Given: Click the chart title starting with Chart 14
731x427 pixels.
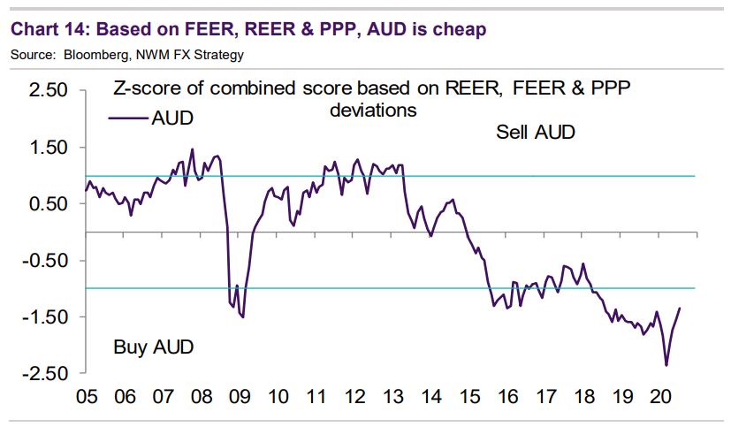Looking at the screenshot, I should [x=247, y=29].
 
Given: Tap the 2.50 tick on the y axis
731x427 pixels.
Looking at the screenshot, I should [x=49, y=91].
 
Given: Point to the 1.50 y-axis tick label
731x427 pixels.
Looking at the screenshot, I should [x=49, y=148].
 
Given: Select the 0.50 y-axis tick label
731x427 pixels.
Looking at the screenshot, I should [x=49, y=204].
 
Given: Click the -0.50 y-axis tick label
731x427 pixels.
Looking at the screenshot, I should [x=45, y=261].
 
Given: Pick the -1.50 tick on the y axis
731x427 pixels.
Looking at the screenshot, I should [x=45, y=317].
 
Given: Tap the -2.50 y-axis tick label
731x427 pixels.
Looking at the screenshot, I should [x=45, y=374].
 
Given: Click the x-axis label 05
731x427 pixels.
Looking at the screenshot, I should [x=87, y=396].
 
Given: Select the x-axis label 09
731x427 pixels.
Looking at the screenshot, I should [x=238, y=396].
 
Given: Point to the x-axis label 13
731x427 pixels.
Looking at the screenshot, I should [x=393, y=396].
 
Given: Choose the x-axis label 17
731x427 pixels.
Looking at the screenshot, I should [x=546, y=396].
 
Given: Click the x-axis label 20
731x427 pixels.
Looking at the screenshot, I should [x=661, y=396].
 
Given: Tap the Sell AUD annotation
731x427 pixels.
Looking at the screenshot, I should [x=535, y=133].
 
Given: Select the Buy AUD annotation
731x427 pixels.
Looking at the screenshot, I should [x=153, y=346].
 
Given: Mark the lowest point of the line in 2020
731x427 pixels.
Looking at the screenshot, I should [x=666, y=365].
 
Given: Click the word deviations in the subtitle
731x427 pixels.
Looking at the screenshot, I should [x=372, y=111].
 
